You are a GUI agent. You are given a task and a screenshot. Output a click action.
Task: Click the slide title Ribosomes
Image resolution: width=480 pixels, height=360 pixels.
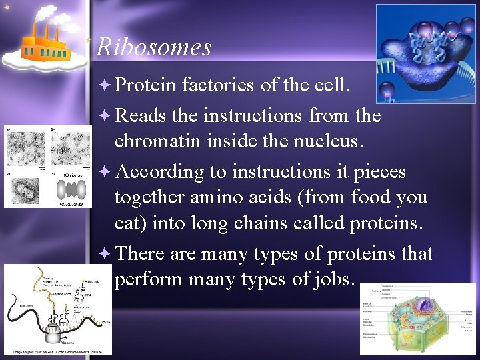click(x=154, y=47)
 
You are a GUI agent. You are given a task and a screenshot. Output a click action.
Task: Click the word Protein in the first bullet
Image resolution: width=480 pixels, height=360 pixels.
click(x=145, y=85)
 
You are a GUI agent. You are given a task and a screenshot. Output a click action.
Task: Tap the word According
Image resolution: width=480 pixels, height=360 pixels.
click(x=159, y=171)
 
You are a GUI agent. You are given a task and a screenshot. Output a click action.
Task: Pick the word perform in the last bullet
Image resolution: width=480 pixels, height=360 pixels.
click(x=149, y=279)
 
